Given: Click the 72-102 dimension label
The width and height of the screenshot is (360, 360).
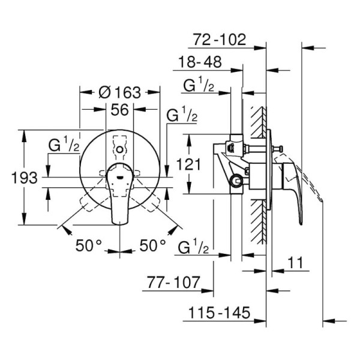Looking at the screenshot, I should (x=220, y=40).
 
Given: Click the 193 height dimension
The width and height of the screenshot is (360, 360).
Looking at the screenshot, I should (x=25, y=178).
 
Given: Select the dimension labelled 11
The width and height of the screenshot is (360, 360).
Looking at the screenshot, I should (x=294, y=262).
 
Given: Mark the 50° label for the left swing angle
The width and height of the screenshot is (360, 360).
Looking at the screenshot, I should (x=89, y=246).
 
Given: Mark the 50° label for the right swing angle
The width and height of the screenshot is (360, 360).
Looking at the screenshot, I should (x=152, y=246).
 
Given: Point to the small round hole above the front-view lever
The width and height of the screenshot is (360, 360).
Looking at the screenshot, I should (x=121, y=148).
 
